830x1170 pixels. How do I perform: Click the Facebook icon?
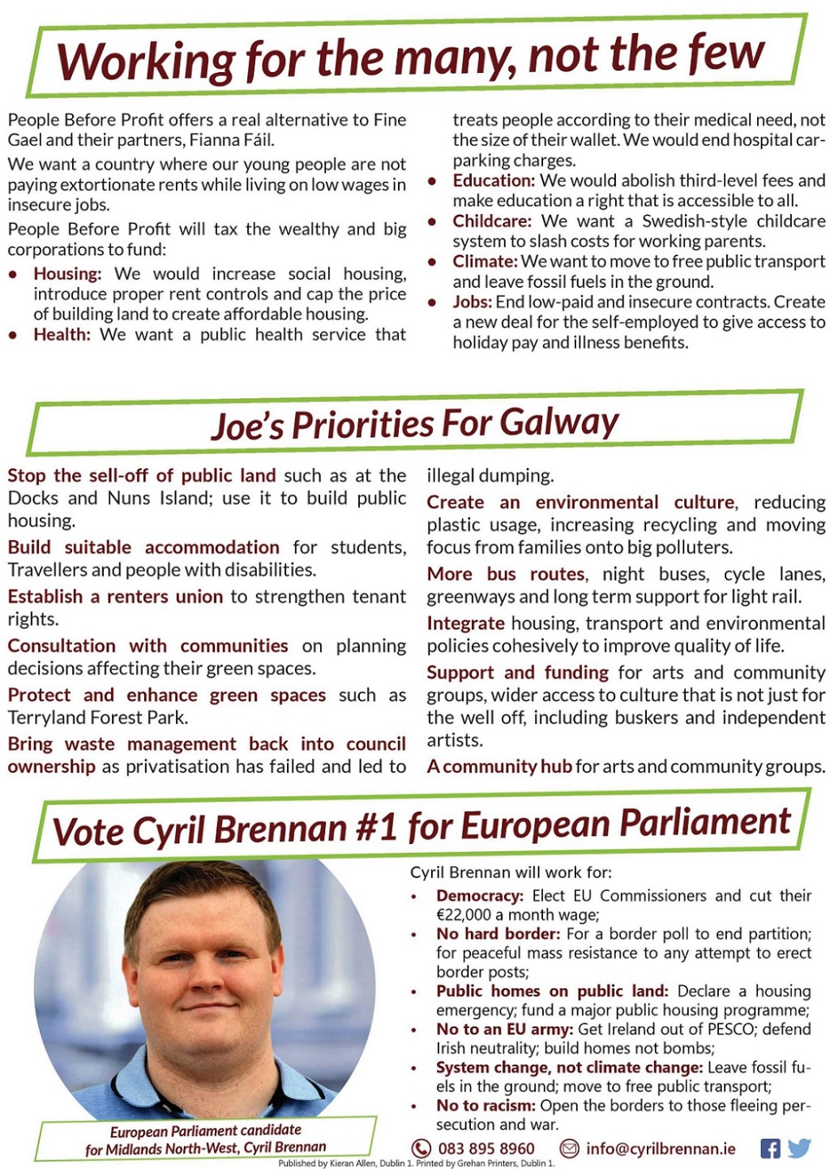click(770, 1147)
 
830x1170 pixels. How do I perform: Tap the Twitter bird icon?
click(799, 1147)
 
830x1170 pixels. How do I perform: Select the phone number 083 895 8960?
click(486, 1148)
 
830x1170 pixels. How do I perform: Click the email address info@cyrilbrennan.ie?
click(661, 1148)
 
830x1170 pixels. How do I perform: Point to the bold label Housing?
click(67, 274)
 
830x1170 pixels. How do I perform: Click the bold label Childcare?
click(492, 221)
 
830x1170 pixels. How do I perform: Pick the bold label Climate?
click(485, 262)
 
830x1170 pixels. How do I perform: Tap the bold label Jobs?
click(472, 302)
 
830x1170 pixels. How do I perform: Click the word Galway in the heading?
click(558, 422)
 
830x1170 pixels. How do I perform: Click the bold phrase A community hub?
click(499, 766)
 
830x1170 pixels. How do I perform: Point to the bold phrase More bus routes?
click(506, 574)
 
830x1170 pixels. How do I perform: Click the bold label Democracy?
click(480, 896)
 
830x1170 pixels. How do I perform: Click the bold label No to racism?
click(486, 1105)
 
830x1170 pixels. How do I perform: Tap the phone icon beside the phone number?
click(421, 1148)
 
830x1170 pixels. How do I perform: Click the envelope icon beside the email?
click(569, 1148)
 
